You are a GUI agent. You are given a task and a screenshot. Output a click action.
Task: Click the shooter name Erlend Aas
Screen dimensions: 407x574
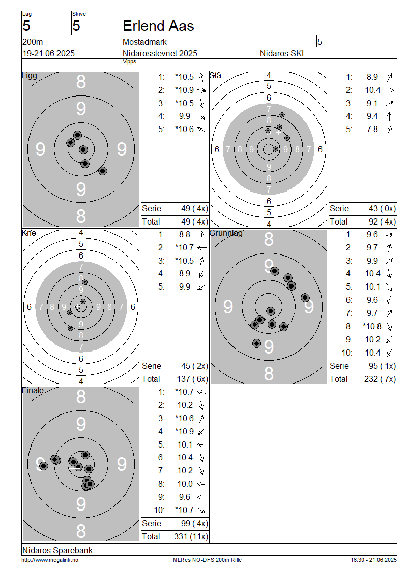coord(158,26)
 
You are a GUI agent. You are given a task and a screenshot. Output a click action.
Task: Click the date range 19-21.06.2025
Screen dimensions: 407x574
coord(49,53)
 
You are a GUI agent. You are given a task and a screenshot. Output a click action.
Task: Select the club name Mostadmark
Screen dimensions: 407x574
coord(145,42)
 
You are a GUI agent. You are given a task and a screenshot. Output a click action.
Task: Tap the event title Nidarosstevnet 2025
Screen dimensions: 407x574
coord(160,53)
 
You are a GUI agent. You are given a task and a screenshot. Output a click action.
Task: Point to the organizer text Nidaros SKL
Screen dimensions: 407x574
coord(283,53)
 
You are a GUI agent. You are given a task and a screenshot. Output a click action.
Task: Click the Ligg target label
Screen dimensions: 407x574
coord(30,76)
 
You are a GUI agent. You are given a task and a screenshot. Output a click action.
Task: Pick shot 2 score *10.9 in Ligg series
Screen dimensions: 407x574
coord(185,90)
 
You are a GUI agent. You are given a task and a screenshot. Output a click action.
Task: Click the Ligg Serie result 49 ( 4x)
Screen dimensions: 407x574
coord(194,209)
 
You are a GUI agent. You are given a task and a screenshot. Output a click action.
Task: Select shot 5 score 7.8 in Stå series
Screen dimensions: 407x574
coord(372,130)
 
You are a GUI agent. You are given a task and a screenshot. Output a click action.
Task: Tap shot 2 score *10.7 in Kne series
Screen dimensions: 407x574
coord(185,248)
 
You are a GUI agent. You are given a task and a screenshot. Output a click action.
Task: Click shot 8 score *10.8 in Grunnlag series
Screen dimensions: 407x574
coord(372,327)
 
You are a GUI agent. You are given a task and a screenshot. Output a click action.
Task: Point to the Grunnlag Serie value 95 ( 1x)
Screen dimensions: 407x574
coord(383,366)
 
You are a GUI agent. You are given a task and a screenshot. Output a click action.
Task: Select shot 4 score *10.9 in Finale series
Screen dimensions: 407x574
coord(185,432)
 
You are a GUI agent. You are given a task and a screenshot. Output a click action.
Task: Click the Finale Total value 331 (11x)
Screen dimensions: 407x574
coord(191,536)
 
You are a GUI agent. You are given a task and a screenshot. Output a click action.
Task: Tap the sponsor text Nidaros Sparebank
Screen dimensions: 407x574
coord(57,550)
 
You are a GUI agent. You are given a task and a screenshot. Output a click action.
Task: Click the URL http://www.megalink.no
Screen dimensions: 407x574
coord(50,560)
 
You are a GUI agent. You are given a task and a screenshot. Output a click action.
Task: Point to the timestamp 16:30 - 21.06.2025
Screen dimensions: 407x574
coord(373,560)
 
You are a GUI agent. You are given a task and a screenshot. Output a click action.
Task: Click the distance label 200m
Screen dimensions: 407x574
coord(33,42)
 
